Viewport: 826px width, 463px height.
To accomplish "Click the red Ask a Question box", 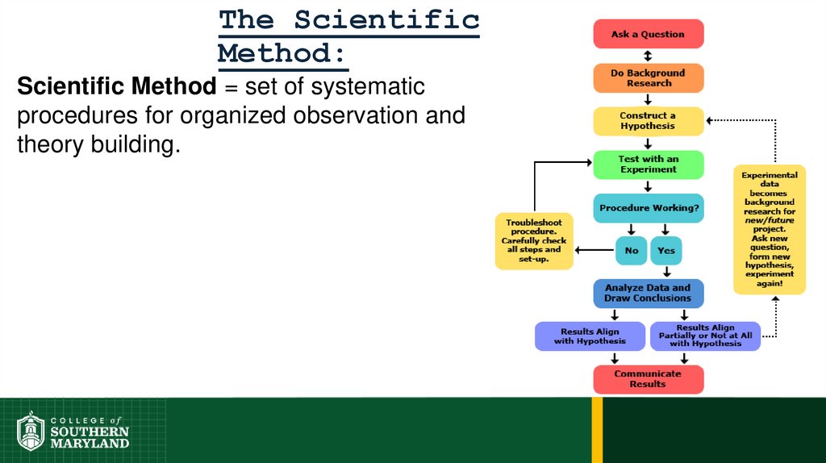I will pyautogui.click(x=648, y=35).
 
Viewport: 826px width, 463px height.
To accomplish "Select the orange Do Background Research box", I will pyautogui.click(x=648, y=78).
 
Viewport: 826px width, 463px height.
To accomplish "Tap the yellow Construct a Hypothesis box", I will pyautogui.click(x=648, y=121).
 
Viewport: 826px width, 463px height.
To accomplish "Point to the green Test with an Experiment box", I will pyautogui.click(x=648, y=165).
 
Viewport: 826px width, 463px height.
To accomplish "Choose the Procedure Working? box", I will pyautogui.click(x=648, y=208).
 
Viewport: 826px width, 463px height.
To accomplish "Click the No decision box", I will pyautogui.click(x=632, y=251).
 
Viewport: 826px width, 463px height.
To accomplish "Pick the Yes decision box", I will pyautogui.click(x=666, y=251).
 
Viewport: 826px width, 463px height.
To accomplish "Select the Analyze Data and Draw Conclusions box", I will pyautogui.click(x=648, y=293).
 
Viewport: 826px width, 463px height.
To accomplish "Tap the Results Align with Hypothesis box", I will pyautogui.click(x=590, y=336).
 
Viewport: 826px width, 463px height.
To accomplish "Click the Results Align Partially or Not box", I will pyautogui.click(x=705, y=336).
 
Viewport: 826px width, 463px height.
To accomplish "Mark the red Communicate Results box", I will pyautogui.click(x=648, y=379).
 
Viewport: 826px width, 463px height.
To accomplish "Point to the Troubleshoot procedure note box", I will pyautogui.click(x=533, y=240).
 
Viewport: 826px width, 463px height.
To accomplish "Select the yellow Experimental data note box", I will pyautogui.click(x=769, y=229).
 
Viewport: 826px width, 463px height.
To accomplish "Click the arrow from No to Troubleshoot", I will pyautogui.click(x=594, y=250).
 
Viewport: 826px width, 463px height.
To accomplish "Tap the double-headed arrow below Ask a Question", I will pyautogui.click(x=648, y=56).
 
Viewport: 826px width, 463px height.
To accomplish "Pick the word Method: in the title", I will pyautogui.click(x=282, y=53).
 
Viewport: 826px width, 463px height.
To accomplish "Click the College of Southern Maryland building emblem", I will pyautogui.click(x=31, y=432).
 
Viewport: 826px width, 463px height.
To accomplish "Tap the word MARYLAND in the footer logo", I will pyautogui.click(x=90, y=443).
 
